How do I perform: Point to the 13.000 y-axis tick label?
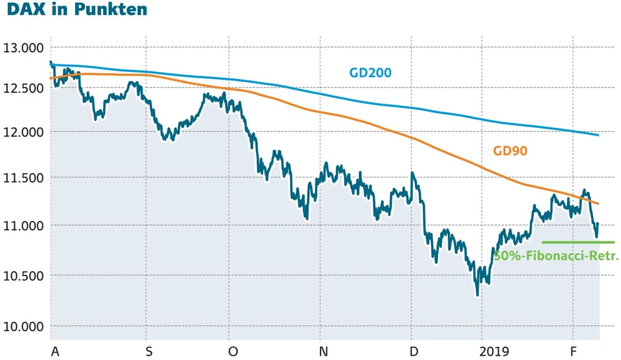(23, 48)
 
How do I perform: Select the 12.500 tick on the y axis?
(23, 88)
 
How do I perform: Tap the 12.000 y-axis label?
(23, 132)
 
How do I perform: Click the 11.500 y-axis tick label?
(23, 179)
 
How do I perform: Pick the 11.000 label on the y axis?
(23, 225)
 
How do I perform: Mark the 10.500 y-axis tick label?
(23, 276)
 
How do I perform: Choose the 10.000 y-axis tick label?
(23, 326)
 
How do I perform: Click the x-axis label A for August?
(55, 352)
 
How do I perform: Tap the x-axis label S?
(148, 352)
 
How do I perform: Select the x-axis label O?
(233, 352)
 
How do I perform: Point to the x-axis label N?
(324, 352)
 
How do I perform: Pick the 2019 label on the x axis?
(495, 352)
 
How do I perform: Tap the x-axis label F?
(573, 352)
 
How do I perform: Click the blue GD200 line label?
(370, 73)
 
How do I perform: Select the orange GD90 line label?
(510, 151)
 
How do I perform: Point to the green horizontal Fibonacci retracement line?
(578, 242)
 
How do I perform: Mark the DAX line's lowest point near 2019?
(478, 294)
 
